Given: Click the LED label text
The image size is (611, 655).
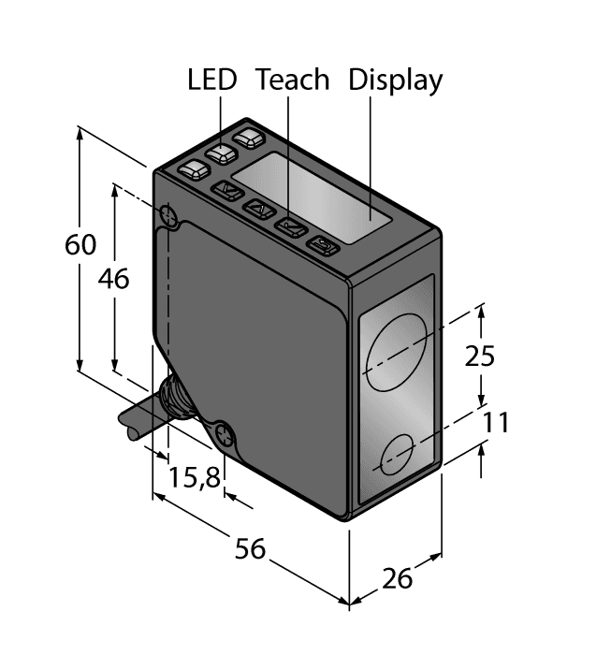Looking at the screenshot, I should tap(213, 80).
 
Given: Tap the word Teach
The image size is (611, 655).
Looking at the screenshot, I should tap(293, 80).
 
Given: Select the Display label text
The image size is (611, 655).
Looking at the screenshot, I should tap(395, 80).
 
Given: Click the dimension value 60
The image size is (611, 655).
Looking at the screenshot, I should tap(81, 245).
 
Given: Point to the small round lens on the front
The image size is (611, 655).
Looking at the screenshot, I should tap(397, 456).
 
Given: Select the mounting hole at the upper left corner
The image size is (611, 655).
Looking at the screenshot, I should tap(169, 215).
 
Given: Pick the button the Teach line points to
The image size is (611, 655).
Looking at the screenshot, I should tap(292, 226).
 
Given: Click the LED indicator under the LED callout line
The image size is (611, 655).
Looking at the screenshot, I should tap(222, 154).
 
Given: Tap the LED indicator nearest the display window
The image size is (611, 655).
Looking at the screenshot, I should tap(250, 138).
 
